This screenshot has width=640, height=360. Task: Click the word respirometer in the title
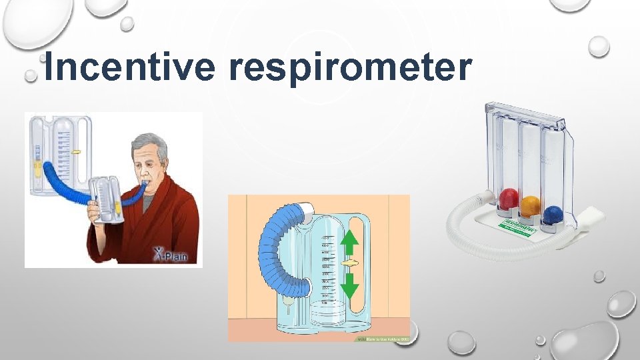[351, 68]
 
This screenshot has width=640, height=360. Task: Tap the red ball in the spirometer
[509, 198]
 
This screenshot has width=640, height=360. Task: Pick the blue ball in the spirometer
[552, 215]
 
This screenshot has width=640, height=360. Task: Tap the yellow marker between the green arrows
[350, 265]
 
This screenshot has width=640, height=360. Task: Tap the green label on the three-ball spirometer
[521, 226]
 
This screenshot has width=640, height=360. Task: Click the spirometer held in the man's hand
[107, 200]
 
